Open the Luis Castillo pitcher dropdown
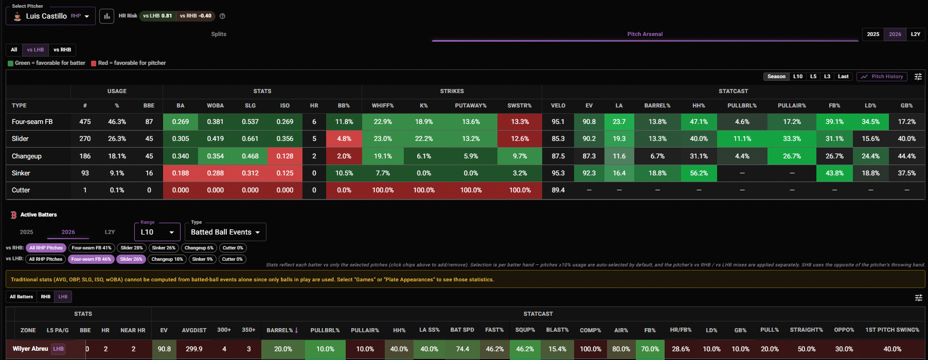pyautogui.click(x=50, y=16)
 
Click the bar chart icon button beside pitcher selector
pyautogui.click(x=106, y=16)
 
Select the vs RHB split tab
pyautogui.click(x=62, y=50)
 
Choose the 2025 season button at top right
pyautogui.click(x=873, y=34)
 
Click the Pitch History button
pyautogui.click(x=882, y=77)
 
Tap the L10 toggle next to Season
pyautogui.click(x=798, y=77)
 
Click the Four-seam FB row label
pyautogui.click(x=32, y=122)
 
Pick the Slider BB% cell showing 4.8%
pyautogui.click(x=344, y=139)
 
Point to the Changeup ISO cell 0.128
pyautogui.click(x=285, y=156)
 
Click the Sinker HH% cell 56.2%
pyautogui.click(x=699, y=173)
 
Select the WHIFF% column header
pyautogui.click(x=383, y=105)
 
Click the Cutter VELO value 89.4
pyautogui.click(x=558, y=190)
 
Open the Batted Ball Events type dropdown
pyautogui.click(x=225, y=232)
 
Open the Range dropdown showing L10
pyautogui.click(x=157, y=232)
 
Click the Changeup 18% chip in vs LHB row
pyautogui.click(x=167, y=259)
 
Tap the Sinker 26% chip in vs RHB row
pyautogui.click(x=164, y=248)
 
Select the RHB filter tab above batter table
pyautogui.click(x=46, y=297)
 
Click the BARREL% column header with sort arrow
pyautogui.click(x=282, y=330)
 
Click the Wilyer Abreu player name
pyautogui.click(x=30, y=349)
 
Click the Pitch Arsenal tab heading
pyautogui.click(x=645, y=34)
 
